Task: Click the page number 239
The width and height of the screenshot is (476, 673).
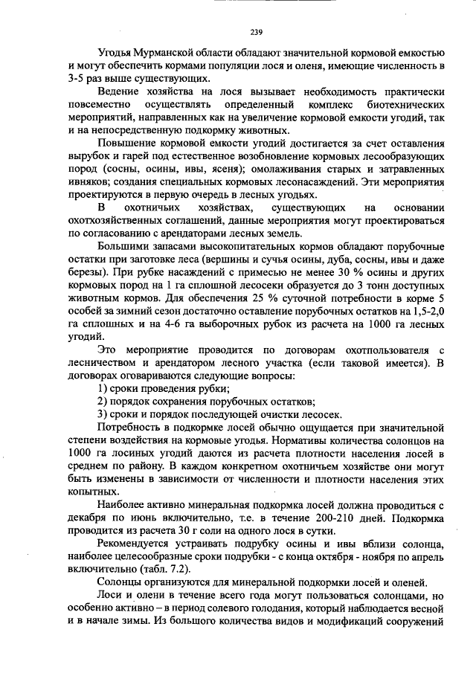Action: [256, 31]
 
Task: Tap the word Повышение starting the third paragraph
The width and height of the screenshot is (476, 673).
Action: [129, 144]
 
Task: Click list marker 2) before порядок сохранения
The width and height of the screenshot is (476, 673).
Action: [105, 402]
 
